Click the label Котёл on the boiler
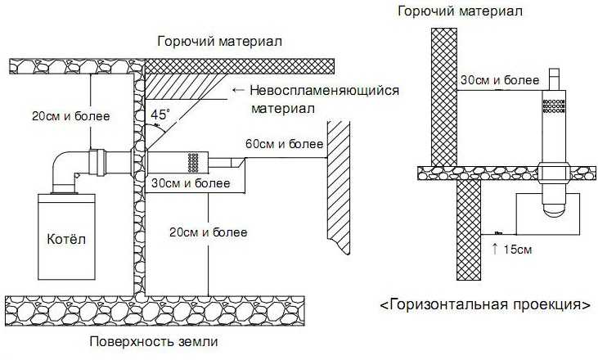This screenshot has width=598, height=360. [70, 240]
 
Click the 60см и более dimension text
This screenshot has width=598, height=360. [284, 145]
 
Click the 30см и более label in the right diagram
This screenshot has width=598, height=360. [499, 80]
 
